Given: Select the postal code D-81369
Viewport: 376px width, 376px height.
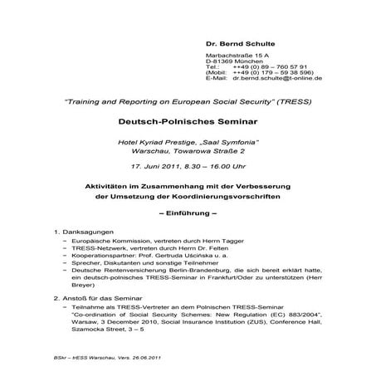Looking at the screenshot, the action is (219, 61).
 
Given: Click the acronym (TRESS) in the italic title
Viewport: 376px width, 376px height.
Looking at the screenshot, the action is (290, 100).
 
